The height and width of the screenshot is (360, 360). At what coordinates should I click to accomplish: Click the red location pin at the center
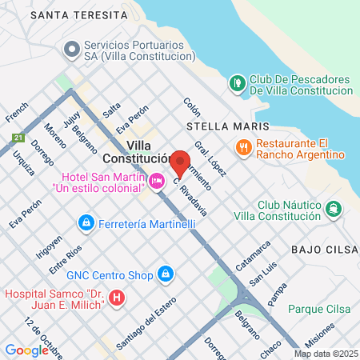(180, 163)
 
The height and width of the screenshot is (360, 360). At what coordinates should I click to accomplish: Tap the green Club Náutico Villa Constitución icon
(334, 209)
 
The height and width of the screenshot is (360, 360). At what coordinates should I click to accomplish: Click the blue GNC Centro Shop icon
(165, 274)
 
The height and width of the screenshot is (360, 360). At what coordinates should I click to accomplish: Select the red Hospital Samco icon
(118, 299)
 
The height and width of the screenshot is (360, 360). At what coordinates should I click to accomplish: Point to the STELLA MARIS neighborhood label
(219, 126)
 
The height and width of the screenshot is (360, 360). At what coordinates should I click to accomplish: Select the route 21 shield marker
(18, 138)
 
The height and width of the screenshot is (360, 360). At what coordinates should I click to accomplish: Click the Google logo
(26, 350)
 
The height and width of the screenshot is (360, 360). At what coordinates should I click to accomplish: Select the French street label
(17, 112)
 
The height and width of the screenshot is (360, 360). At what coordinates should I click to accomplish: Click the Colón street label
(191, 107)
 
